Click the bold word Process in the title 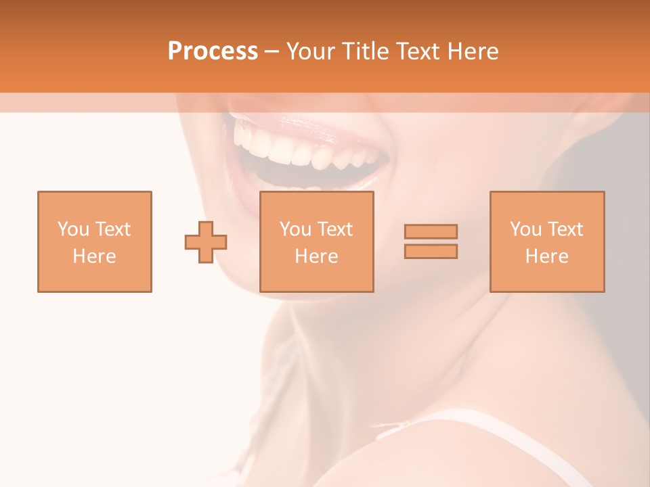point(213,51)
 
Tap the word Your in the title point(311,51)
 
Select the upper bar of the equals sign point(431,231)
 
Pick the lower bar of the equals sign point(431,251)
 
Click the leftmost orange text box point(95,241)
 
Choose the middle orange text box point(316,241)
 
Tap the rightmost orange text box point(546,241)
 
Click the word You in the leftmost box point(73,229)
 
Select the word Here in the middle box point(316,256)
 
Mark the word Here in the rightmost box point(546,256)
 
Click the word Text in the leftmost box point(113,229)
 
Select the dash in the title point(272,51)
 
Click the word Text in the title point(418,51)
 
